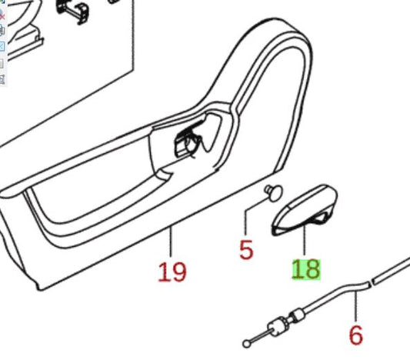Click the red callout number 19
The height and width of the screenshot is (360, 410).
(172, 272)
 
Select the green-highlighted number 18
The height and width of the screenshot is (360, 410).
(306, 269)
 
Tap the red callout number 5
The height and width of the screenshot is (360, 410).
(246, 250)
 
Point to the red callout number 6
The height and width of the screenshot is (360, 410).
(356, 335)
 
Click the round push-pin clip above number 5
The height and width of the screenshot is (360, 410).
(274, 192)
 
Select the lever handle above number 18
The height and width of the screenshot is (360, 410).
(304, 210)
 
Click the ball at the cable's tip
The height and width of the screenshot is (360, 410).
(246, 344)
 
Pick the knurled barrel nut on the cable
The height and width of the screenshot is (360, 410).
(278, 327)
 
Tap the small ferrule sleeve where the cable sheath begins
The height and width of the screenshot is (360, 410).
(298, 315)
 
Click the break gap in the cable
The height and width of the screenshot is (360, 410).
(372, 282)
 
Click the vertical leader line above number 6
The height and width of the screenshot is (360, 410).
(356, 306)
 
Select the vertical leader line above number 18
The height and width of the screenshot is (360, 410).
(305, 241)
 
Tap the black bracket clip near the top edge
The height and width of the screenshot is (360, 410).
(72, 11)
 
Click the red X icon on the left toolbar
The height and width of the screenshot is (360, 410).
(2, 17)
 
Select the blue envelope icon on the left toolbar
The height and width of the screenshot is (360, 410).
(2, 46)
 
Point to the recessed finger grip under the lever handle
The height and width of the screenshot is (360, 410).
(317, 218)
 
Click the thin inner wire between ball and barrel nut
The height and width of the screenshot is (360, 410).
(259, 337)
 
